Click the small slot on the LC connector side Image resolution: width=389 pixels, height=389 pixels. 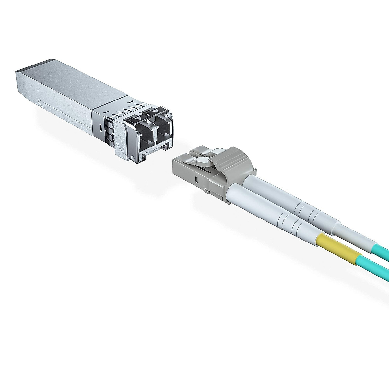(x=196, y=179)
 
